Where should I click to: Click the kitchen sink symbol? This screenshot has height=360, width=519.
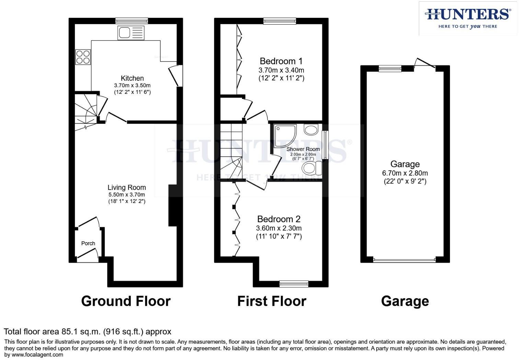131,33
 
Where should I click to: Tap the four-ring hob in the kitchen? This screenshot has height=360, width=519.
83,57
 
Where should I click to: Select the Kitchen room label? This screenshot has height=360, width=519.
132,78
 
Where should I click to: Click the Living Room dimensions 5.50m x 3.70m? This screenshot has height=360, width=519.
127,194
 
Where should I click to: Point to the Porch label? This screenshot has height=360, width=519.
88,244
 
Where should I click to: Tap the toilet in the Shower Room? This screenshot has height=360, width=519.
312,168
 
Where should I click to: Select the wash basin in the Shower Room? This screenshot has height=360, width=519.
311,130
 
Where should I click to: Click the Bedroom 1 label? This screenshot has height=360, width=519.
281,61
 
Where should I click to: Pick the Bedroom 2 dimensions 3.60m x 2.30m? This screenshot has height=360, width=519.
279,228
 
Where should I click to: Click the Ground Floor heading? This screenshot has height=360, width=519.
126,301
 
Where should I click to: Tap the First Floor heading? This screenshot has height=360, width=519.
272,301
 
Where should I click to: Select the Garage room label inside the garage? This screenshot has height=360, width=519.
405,164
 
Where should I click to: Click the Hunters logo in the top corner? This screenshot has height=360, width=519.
468,19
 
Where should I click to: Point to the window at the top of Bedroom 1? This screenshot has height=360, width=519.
280,21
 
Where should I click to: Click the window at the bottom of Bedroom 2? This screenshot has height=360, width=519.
294,284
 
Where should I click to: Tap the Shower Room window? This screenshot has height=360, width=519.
325,145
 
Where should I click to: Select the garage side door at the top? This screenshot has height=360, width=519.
425,63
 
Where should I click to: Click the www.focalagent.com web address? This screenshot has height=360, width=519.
37,355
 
